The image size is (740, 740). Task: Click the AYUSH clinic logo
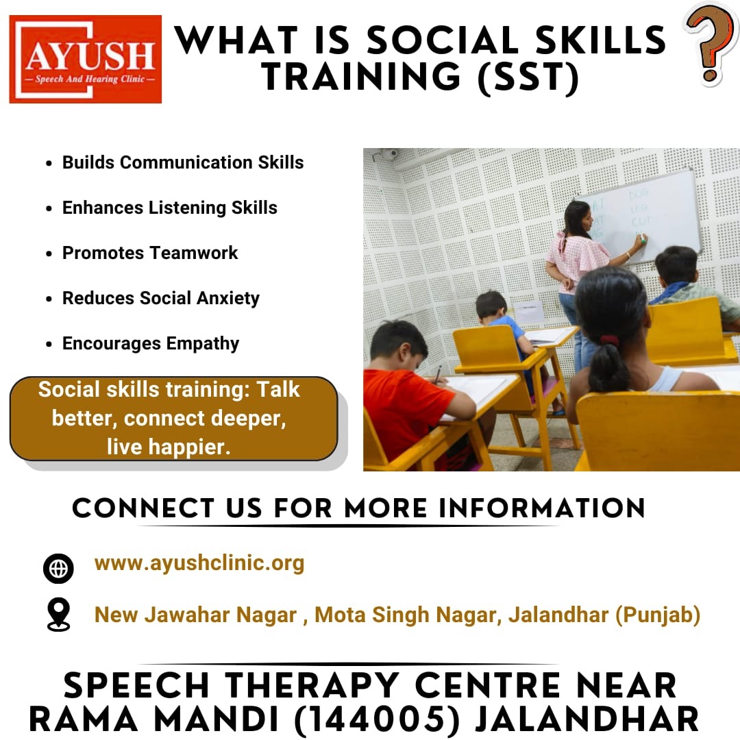[86, 59]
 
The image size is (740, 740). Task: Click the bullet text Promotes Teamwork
[150, 253]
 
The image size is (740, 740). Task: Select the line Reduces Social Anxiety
[161, 298]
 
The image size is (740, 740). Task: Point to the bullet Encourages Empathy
[151, 343]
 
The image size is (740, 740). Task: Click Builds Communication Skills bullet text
[183, 162]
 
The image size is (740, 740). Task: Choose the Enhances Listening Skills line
[170, 208]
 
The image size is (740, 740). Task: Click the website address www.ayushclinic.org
[199, 563]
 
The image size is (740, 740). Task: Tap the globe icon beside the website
[58, 568]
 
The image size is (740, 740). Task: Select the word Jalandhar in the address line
[558, 615]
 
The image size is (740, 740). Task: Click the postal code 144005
[377, 720]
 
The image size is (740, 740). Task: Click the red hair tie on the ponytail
[609, 340]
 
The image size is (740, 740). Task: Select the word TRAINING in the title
[361, 77]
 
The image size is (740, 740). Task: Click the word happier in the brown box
[189, 447]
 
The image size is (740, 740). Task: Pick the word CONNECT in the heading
[143, 508]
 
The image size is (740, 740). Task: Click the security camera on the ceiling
[390, 153]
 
